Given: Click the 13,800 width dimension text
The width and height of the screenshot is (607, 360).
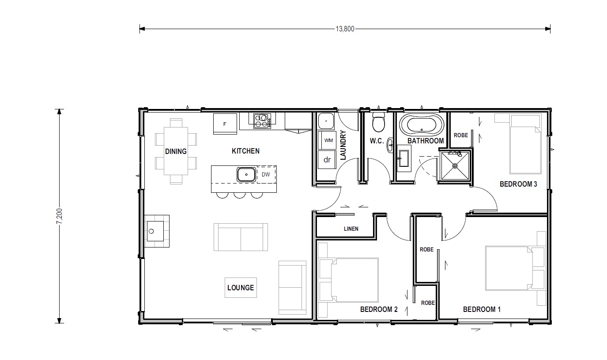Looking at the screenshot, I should [x=345, y=29].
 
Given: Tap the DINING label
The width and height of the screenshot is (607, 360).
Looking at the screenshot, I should [x=176, y=151].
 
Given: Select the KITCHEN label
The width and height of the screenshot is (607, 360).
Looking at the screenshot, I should [x=245, y=151].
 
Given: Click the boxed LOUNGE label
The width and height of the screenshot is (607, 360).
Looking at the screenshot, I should [x=240, y=288].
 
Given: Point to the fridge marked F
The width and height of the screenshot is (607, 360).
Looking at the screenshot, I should [x=225, y=124].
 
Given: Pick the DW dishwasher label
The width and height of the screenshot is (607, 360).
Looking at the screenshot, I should [x=266, y=174].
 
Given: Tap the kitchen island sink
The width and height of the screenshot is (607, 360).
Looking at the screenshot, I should [x=246, y=174].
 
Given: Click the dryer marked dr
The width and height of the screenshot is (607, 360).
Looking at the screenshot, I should [x=327, y=160].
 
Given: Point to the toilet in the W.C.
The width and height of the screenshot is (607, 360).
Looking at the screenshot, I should [x=378, y=123].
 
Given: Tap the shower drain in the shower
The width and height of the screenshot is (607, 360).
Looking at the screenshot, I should [x=455, y=166].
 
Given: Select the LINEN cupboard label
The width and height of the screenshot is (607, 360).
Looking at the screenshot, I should [x=351, y=229].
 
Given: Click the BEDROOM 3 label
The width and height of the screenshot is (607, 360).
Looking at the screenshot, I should [x=518, y=184].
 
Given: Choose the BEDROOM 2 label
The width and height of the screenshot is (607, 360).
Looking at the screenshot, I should [x=379, y=309].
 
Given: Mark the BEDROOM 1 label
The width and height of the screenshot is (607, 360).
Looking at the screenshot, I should [x=482, y=309].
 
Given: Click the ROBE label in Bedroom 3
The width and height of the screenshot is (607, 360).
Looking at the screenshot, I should [x=460, y=135].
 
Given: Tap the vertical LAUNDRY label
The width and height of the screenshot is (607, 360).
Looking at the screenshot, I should [x=343, y=145].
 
